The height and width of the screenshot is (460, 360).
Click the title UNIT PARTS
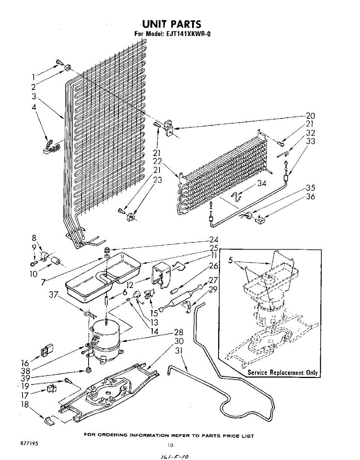coord(171,24)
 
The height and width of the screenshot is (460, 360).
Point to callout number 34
coord(262,183)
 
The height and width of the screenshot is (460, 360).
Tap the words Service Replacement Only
coord(283,373)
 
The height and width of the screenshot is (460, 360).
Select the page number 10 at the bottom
coord(171,445)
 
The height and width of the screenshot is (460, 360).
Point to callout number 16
coord(25,363)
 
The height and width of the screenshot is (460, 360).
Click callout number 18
coord(25,404)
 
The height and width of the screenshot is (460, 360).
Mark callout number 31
coord(179,350)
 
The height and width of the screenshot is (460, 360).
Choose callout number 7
coord(43,282)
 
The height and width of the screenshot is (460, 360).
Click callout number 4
coord(35,108)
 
